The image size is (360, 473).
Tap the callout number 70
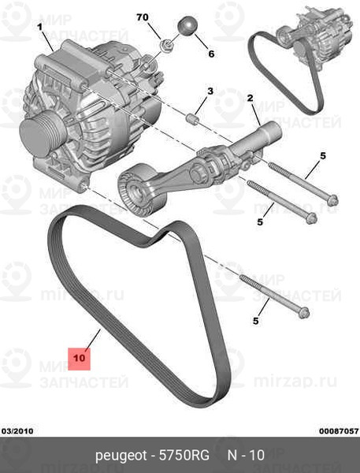(142, 17)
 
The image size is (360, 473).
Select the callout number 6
(210, 54)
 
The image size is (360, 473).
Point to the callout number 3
(210, 92)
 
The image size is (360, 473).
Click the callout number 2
(250, 99)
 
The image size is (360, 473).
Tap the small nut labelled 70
(166, 45)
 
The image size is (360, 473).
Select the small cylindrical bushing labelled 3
(190, 120)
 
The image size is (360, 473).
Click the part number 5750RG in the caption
(183, 456)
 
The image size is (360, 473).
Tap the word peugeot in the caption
(121, 456)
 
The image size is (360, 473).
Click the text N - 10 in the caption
(245, 456)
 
